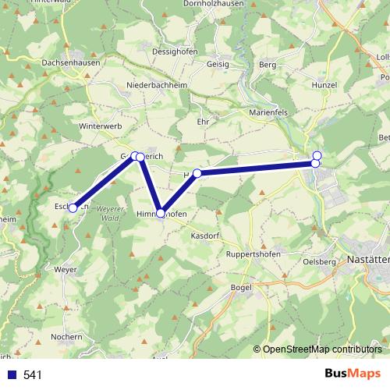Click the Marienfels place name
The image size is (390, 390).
pos(269,110)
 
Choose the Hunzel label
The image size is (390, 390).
pos(323,84)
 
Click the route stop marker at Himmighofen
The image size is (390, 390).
pos(161,213)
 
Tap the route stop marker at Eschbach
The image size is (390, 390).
pos(73,208)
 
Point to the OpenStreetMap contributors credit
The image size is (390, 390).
pos(322,349)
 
